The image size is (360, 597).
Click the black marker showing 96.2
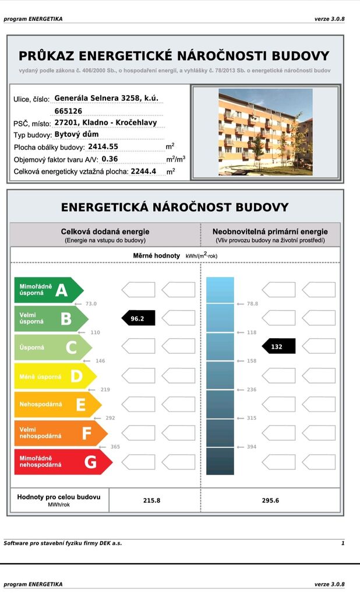coord(138,318)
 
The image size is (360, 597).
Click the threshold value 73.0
coord(90,304)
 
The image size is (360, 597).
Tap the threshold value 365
coord(115,447)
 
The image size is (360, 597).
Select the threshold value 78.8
coord(252,304)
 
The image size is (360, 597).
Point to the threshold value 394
coord(252,447)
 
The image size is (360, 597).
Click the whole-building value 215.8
coord(151,500)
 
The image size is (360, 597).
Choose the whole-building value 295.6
coord(270,500)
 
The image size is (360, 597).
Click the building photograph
coord(265,132)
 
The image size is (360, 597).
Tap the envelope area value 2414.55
coord(103,146)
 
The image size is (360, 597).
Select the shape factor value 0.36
coord(110,159)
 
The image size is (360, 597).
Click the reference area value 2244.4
coord(143,171)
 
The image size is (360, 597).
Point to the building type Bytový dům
coord(72,134)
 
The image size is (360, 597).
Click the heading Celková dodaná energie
coord(105,231)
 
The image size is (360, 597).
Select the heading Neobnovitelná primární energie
coord(270,231)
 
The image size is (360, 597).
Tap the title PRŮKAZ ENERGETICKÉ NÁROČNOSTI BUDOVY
coord(174,56)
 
